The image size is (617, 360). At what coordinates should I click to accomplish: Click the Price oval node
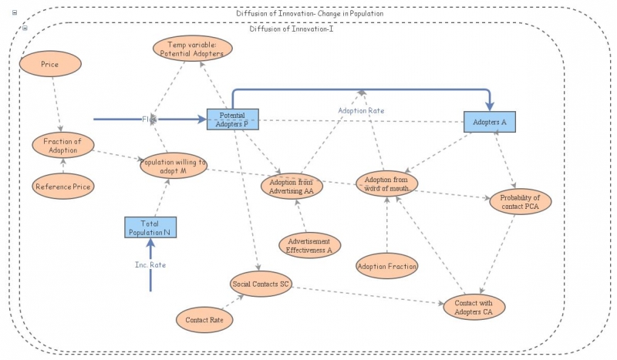coord(50,65)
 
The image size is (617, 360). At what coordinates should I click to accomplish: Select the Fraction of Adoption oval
coord(63,145)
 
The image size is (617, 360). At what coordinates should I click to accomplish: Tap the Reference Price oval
coord(62,187)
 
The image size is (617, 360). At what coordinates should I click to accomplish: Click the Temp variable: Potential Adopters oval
coord(192,49)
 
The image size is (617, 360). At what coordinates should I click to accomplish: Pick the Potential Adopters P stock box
coord(233,119)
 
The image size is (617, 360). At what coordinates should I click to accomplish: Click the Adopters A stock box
coord(490,121)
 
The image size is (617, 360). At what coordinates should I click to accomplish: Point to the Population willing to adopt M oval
coord(174,167)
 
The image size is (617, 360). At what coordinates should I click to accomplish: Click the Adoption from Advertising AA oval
coord(292,186)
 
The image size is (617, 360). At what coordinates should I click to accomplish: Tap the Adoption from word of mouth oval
coord(387,183)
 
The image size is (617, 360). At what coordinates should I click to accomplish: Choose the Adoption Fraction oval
coord(387,267)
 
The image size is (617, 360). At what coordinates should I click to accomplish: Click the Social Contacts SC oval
coord(261,284)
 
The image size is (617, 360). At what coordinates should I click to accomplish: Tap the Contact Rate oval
coord(205,318)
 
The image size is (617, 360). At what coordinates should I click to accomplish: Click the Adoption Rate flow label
coord(361,111)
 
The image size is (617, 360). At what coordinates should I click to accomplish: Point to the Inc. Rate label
coord(151,264)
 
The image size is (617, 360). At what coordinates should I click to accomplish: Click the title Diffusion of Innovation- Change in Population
coord(309,14)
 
